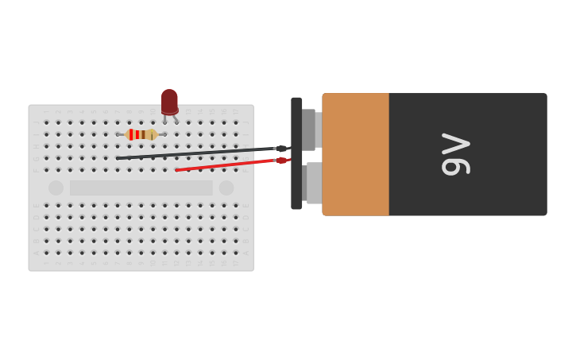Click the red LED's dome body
coord(169,101)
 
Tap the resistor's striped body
coord(141,134)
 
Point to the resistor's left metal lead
coord(122,134)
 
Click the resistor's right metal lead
coord(161,134)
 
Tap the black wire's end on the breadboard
coord(118,158)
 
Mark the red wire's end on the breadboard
coord(177,169)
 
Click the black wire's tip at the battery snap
coord(282,149)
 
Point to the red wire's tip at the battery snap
coord(282,161)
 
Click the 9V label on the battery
coord(457,154)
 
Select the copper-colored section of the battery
coord(355,154)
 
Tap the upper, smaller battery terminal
coord(310,129)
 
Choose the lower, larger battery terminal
coord(314,183)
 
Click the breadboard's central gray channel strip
coord(141,188)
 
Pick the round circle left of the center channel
coord(56,188)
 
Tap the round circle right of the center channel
coord(226,188)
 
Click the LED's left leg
coord(164,119)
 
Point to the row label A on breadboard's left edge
coord(36,252)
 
